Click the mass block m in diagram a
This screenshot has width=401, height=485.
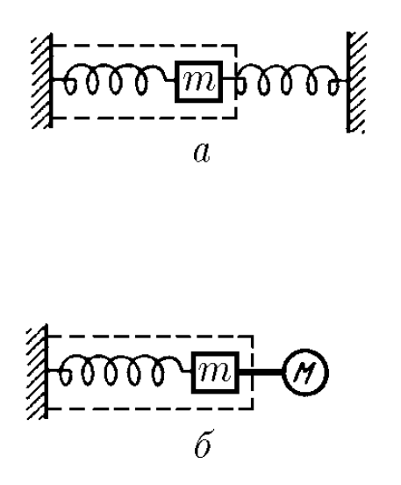pos(198,82)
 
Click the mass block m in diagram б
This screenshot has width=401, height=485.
pos(215,373)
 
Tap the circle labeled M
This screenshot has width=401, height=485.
pos(305,373)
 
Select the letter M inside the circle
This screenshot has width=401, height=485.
pos(304,373)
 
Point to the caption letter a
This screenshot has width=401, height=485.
pos(202,154)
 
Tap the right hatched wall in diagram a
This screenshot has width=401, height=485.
pos(356,82)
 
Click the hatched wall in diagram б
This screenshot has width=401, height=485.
pos(38,372)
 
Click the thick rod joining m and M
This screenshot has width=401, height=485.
pos(261,373)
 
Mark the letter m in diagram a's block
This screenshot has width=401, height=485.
pos(198,82)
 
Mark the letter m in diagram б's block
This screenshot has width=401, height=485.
pos(215,373)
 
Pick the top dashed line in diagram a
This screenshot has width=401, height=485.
pos(145,46)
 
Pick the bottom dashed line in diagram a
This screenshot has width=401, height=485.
pos(145,118)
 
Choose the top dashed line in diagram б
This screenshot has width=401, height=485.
pos(151,336)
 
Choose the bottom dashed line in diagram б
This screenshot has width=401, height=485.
pos(151,409)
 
